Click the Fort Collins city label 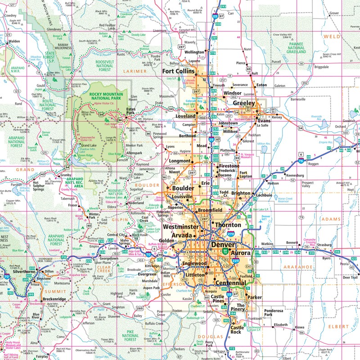[178, 71]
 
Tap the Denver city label [223, 244]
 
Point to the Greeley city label [243, 103]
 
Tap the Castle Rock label [236, 329]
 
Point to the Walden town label [14, 41]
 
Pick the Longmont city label [180, 161]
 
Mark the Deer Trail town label [349, 277]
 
